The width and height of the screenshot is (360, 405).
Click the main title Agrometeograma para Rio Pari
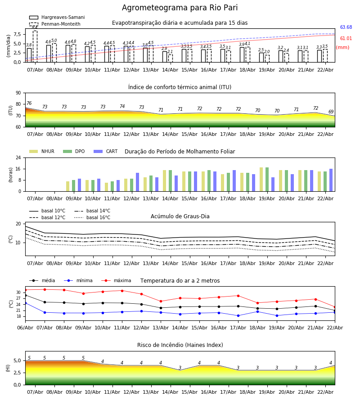click(x=180, y=8)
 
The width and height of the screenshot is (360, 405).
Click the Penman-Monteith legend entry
click(x=61, y=24)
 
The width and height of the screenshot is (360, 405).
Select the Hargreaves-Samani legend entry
click(x=63, y=18)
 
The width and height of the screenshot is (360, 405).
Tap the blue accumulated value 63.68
click(x=346, y=27)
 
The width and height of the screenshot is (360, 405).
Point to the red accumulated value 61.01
click(x=346, y=39)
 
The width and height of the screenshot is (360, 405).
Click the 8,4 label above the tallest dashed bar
click(x=35, y=27)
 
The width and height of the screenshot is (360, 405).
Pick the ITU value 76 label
click(x=29, y=103)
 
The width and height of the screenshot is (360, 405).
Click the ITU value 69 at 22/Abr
click(x=331, y=112)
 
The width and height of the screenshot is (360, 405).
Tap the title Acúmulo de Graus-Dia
click(x=180, y=216)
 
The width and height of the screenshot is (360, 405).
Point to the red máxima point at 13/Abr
click(x=161, y=301)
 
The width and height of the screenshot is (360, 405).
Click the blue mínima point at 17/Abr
click(x=238, y=315)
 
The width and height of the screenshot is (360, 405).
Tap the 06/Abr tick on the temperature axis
click(x=25, y=327)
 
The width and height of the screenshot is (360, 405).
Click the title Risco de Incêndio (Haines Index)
click(x=180, y=345)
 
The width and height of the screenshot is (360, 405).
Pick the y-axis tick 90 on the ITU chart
click(x=18, y=93)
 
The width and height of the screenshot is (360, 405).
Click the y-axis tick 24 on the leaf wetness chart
click(x=18, y=158)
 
